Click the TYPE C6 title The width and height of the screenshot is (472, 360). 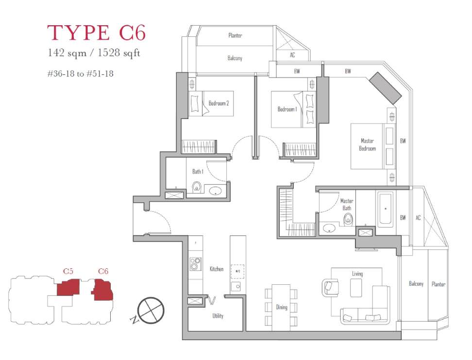pyautogui.click(x=96, y=33)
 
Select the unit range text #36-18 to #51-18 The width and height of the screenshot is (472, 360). pyautogui.click(x=81, y=74)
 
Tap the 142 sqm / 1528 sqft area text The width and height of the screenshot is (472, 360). pyautogui.click(x=94, y=53)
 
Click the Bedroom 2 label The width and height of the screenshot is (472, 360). pyautogui.click(x=219, y=103)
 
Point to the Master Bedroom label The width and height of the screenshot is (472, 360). pyautogui.click(x=367, y=145)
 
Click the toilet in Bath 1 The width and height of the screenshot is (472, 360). pyautogui.click(x=196, y=187)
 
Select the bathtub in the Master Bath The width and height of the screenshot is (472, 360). pyautogui.click(x=385, y=209)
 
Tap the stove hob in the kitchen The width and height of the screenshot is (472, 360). pyautogui.click(x=195, y=264)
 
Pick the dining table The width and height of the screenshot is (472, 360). pyautogui.click(x=281, y=308)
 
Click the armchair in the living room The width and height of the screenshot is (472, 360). pyautogui.click(x=330, y=288)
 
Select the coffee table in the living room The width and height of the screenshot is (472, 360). pyautogui.click(x=356, y=288)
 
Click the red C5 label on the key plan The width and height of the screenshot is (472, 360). pyautogui.click(x=68, y=271)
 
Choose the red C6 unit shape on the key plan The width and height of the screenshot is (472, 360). pyautogui.click(x=102, y=290)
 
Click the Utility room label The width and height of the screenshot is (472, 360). pyautogui.click(x=218, y=316)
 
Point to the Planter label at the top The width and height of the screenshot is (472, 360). pyautogui.click(x=235, y=35)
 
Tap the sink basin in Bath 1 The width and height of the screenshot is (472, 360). pyautogui.click(x=216, y=191)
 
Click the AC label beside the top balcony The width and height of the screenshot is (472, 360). pyautogui.click(x=292, y=55)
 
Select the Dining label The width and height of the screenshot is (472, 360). pyautogui.click(x=282, y=308)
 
